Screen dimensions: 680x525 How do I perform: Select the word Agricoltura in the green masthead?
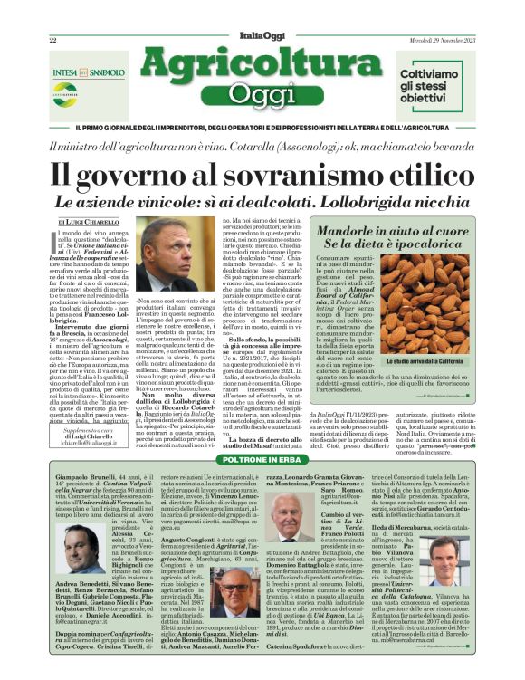(x=262, y=64)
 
